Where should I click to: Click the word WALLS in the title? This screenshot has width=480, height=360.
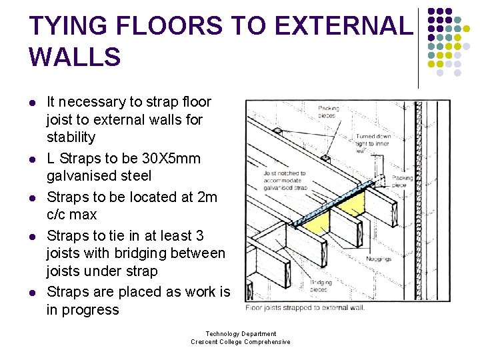pyautogui.click(x=75, y=57)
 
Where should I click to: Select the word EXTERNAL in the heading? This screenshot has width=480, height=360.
pyautogui.click(x=343, y=26)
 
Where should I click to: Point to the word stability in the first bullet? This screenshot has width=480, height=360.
pyautogui.click(x=71, y=137)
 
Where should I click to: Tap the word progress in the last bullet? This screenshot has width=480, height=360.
pyautogui.click(x=83, y=310)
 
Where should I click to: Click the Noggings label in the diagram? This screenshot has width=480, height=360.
pyautogui.click(x=379, y=259)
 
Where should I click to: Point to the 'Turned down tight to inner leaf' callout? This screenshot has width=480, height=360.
pyautogui.click(x=373, y=143)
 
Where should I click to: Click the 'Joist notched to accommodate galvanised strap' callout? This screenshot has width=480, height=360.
pyautogui.click(x=285, y=180)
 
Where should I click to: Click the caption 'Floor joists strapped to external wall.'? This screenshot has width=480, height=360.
pyautogui.click(x=305, y=307)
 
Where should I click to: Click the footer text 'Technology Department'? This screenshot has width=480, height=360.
pyautogui.click(x=241, y=334)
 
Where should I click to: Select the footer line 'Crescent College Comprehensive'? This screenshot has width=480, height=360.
pyautogui.click(x=241, y=342)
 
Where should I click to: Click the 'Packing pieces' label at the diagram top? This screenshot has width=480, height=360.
pyautogui.click(x=328, y=111)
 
